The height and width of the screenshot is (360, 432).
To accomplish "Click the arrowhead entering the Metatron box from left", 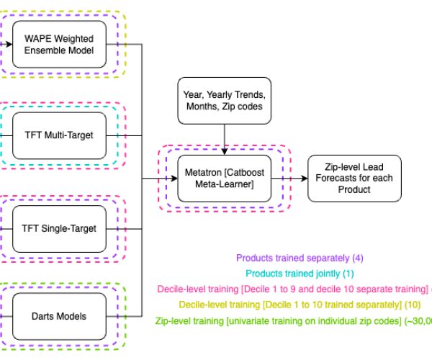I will tap(174, 177).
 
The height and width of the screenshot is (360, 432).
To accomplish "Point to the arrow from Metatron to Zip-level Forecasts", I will tap(292, 177).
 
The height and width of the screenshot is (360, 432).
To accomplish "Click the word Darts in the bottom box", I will tap(47, 315).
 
